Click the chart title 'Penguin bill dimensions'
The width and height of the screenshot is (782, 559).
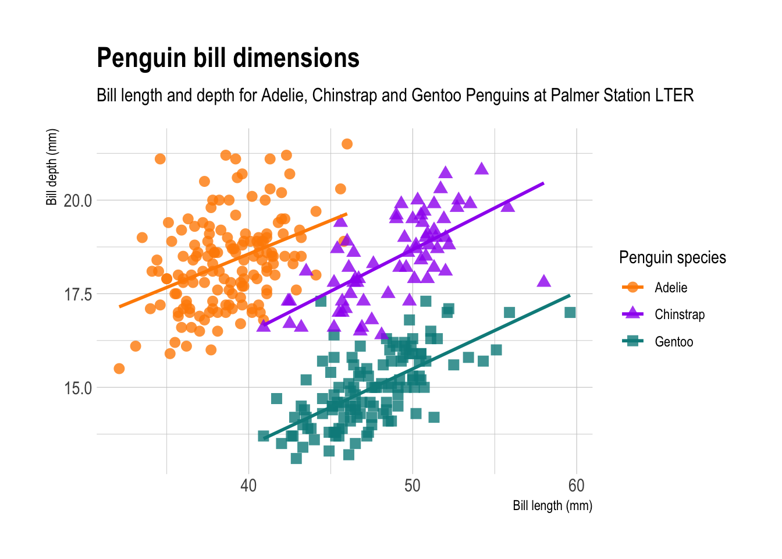[x=228, y=58]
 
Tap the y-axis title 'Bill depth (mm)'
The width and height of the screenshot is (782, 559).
[x=52, y=167]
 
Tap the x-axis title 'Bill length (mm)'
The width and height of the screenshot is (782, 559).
[x=552, y=505]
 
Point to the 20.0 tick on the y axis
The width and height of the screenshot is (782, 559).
[x=78, y=201]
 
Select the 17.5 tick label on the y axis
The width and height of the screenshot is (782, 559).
[x=78, y=295]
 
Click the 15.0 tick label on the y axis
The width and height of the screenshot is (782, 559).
[x=78, y=388]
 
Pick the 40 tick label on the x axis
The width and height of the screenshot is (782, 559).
[x=248, y=486]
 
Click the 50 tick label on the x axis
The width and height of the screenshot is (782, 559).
[x=413, y=486]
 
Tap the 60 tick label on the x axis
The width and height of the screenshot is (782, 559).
[x=576, y=486]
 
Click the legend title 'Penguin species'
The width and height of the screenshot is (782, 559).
[x=672, y=257]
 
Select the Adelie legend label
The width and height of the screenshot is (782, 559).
[x=671, y=288]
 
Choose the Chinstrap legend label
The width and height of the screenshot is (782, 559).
[x=679, y=314]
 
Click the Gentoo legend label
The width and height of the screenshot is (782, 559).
[x=674, y=342]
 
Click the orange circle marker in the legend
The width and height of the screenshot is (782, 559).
[x=632, y=287]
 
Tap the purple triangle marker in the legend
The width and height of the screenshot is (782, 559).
[x=632, y=314]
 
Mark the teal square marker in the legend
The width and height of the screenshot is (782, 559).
[x=632, y=341]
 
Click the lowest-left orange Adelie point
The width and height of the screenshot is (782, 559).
[x=119, y=369]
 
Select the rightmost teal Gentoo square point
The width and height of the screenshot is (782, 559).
[x=570, y=313]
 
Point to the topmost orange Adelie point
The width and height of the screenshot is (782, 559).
[x=347, y=144]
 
